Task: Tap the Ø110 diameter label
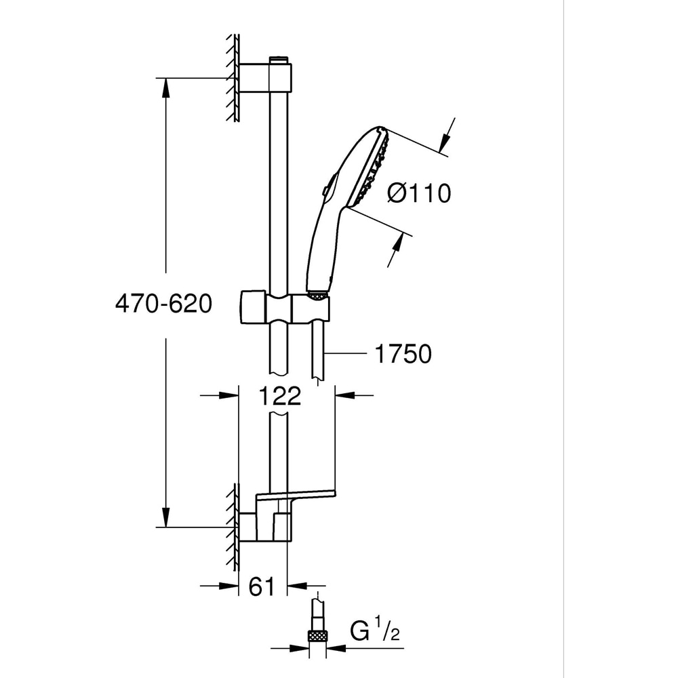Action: point(418,194)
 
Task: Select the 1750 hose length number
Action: point(402,353)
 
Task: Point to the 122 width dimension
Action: point(279,395)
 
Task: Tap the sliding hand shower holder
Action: point(285,309)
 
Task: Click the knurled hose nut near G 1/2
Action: point(317,635)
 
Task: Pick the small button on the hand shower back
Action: point(326,193)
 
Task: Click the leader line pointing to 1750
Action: point(346,353)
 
